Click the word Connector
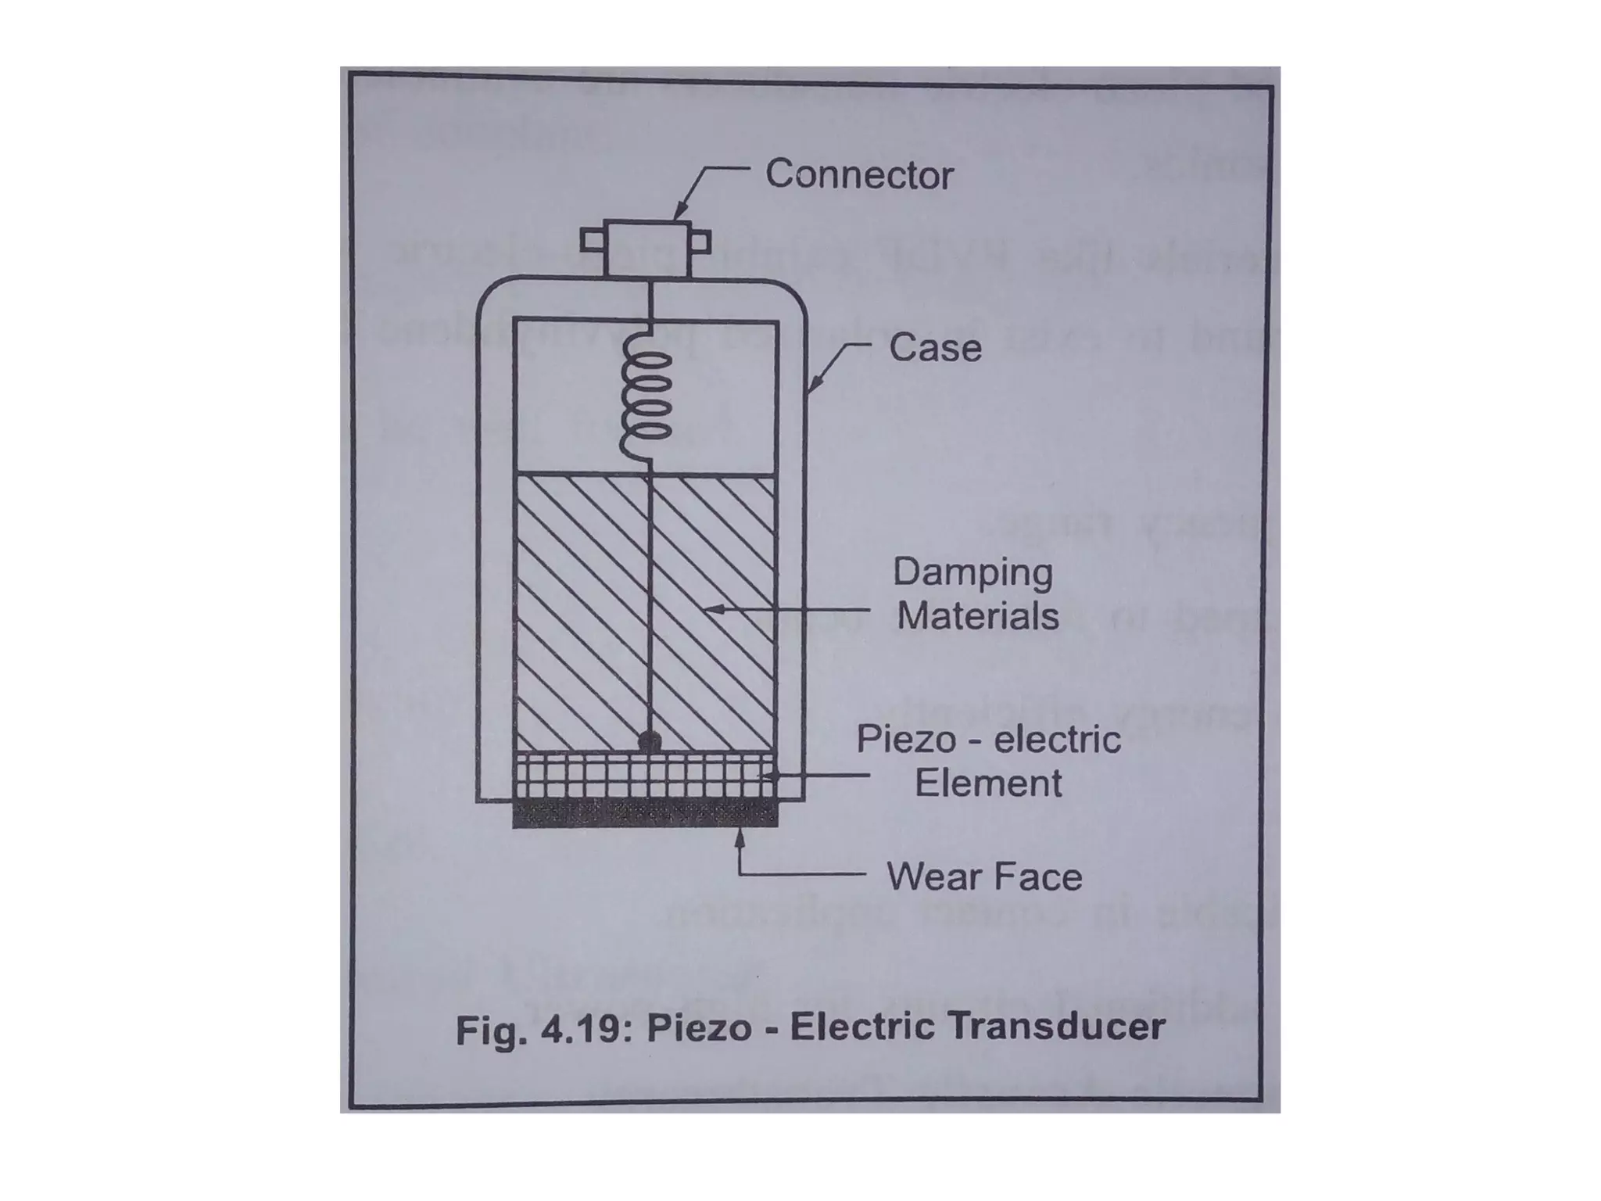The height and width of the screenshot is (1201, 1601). click(859, 174)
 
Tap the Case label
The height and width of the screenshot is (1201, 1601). click(935, 348)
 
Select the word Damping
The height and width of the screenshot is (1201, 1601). click(973, 572)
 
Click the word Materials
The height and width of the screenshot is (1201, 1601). click(978, 616)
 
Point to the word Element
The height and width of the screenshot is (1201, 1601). click(988, 783)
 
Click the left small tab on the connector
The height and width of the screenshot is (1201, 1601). click(592, 240)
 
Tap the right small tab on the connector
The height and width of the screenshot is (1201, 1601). click(701, 241)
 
